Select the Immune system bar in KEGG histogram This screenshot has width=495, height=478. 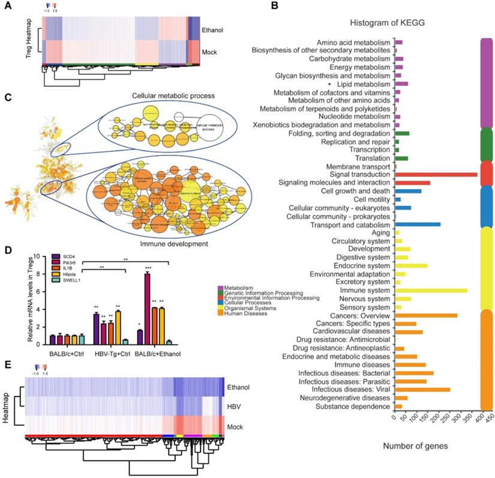pyautogui.click(x=431, y=291)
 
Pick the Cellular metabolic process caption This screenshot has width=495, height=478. pyautogui.click(x=174, y=95)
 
